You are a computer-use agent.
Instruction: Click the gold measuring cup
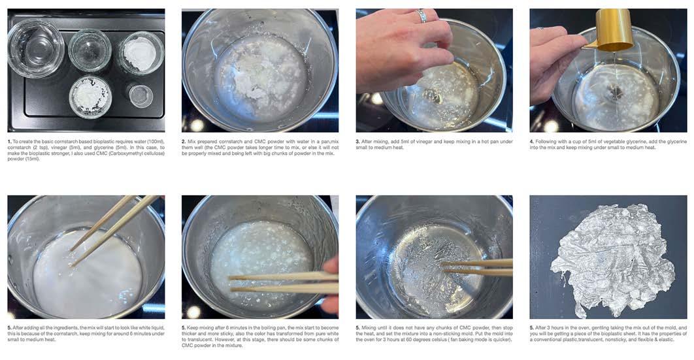click(x=613, y=31)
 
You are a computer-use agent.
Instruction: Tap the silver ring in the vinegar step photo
click(x=422, y=16)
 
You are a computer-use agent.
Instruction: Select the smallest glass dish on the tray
click(x=140, y=95)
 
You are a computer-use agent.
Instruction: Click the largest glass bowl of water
click(x=36, y=48)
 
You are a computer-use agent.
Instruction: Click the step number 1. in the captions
click(x=9, y=142)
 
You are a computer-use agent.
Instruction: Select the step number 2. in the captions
click(x=184, y=142)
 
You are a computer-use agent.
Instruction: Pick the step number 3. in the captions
click(x=357, y=142)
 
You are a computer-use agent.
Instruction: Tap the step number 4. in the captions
click(x=532, y=142)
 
